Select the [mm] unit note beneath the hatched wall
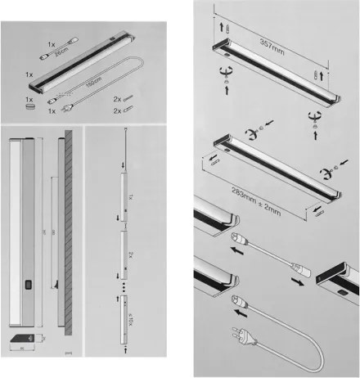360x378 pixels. (x=68, y=353)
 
